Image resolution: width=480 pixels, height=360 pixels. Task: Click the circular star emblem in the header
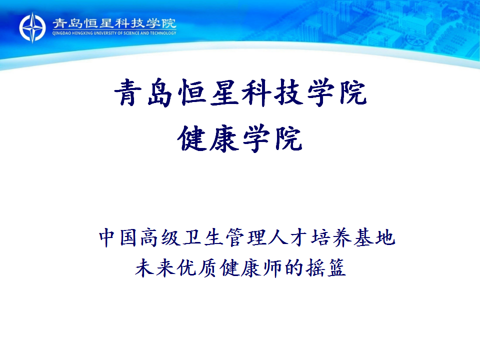tap(32, 27)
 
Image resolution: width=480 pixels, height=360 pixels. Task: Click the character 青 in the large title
tap(127, 92)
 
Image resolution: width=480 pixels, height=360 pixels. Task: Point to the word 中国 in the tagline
tap(118, 237)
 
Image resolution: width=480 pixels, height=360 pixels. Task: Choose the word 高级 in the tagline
tap(160, 237)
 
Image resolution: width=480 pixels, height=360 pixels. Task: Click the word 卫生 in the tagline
tap(203, 237)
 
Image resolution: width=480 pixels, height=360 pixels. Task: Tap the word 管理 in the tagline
tap(245, 237)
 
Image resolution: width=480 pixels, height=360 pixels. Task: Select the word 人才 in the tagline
tap(288, 237)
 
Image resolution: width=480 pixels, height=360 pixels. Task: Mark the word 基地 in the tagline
tap(374, 237)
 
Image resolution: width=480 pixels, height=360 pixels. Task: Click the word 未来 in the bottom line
tap(155, 268)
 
